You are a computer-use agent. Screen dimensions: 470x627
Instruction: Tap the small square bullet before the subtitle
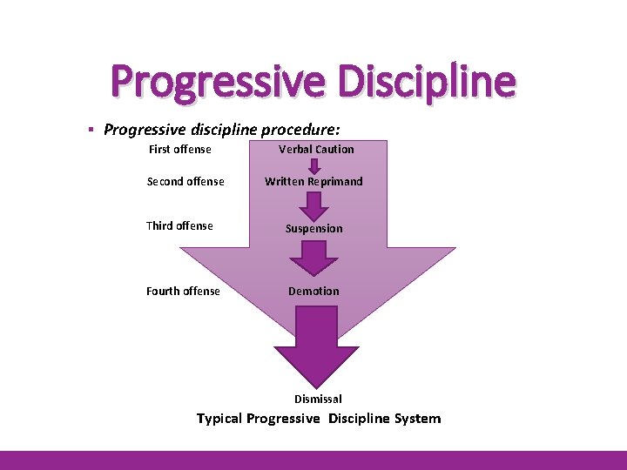point(91,130)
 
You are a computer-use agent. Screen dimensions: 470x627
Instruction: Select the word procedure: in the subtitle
point(299,130)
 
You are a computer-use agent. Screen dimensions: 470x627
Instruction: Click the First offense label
point(179,150)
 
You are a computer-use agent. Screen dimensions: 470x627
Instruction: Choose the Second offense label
point(185,182)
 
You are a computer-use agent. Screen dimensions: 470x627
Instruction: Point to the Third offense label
point(179,226)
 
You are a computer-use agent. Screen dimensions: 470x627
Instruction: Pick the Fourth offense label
point(183,292)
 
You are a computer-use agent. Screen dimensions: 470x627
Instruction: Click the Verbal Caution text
point(316,150)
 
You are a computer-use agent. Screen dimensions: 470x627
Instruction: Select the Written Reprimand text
point(313,182)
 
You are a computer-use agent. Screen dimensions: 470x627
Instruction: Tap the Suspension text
point(314,229)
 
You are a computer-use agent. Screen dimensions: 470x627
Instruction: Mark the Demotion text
point(313,292)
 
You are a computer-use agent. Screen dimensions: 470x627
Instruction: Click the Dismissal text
point(318,399)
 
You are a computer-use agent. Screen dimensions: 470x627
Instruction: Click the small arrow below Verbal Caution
point(315,165)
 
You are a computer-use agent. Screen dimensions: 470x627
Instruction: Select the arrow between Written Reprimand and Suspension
point(313,205)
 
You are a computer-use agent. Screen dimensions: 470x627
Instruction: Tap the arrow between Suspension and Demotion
point(313,258)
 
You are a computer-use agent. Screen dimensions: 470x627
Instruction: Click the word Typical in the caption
point(219,419)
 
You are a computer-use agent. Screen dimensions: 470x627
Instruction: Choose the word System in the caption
point(418,419)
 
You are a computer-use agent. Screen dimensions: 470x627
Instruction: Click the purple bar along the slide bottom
point(313,460)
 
